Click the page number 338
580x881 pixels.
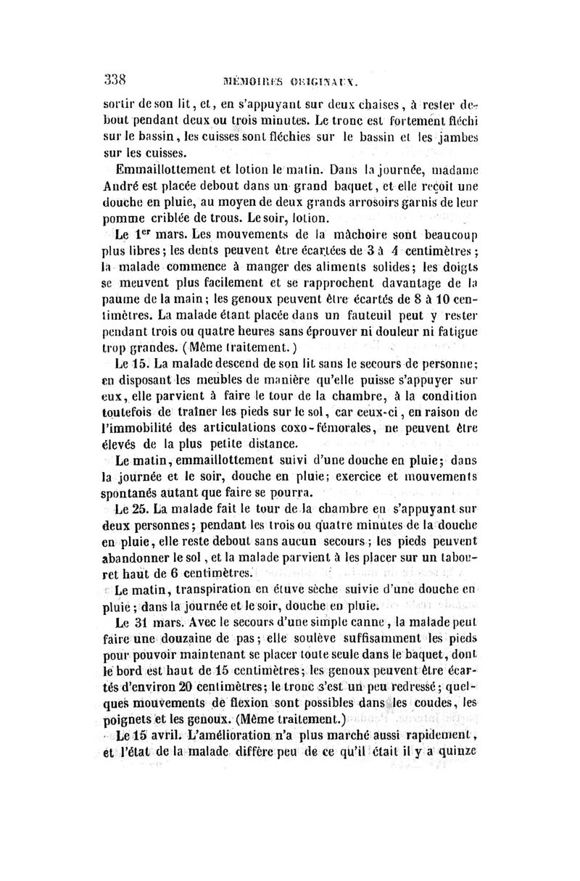tap(115, 79)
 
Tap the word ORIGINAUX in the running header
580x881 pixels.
tap(321, 80)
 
